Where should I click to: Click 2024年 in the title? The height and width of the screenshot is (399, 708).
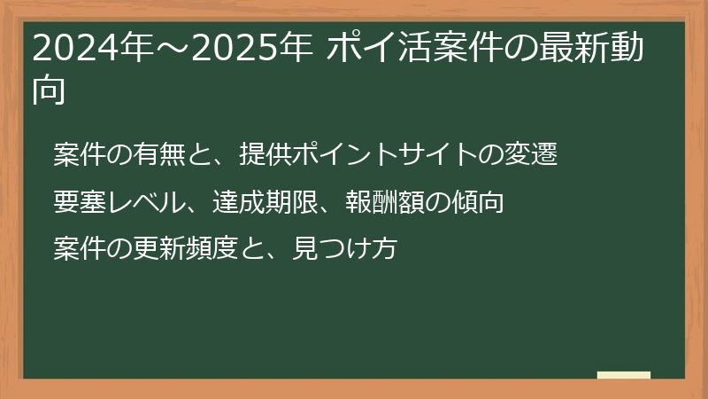click(77, 50)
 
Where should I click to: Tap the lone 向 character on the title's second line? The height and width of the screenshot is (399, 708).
click(49, 90)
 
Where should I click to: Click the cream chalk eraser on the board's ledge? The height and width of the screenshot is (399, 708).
click(624, 375)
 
